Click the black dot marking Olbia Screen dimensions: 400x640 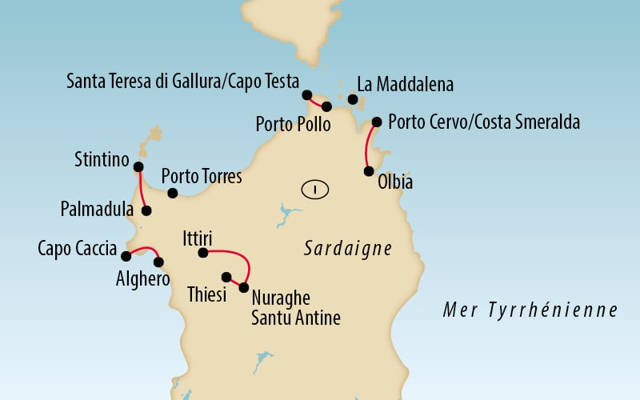click(369, 171)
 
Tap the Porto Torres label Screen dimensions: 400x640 click(201, 177)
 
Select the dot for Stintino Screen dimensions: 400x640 click(138, 167)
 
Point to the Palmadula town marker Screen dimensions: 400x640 click(146, 211)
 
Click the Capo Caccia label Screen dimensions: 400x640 click(77, 248)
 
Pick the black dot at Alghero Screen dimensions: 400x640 click(158, 262)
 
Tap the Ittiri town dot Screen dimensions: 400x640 click(203, 253)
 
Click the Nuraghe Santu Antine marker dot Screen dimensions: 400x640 click(244, 287)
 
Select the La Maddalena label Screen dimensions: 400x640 click(406, 84)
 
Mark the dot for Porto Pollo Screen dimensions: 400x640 click(326, 106)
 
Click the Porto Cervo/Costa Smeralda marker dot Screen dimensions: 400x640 click(377, 122)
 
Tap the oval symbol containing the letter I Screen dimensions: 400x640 click(317, 190)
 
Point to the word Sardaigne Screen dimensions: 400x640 click(348, 249)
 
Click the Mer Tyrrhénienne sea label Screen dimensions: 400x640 click(531, 310)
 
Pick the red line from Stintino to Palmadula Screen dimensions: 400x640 click(141, 190)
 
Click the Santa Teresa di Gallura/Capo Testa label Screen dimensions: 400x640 click(182, 82)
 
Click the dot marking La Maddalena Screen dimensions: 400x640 click(353, 99)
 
